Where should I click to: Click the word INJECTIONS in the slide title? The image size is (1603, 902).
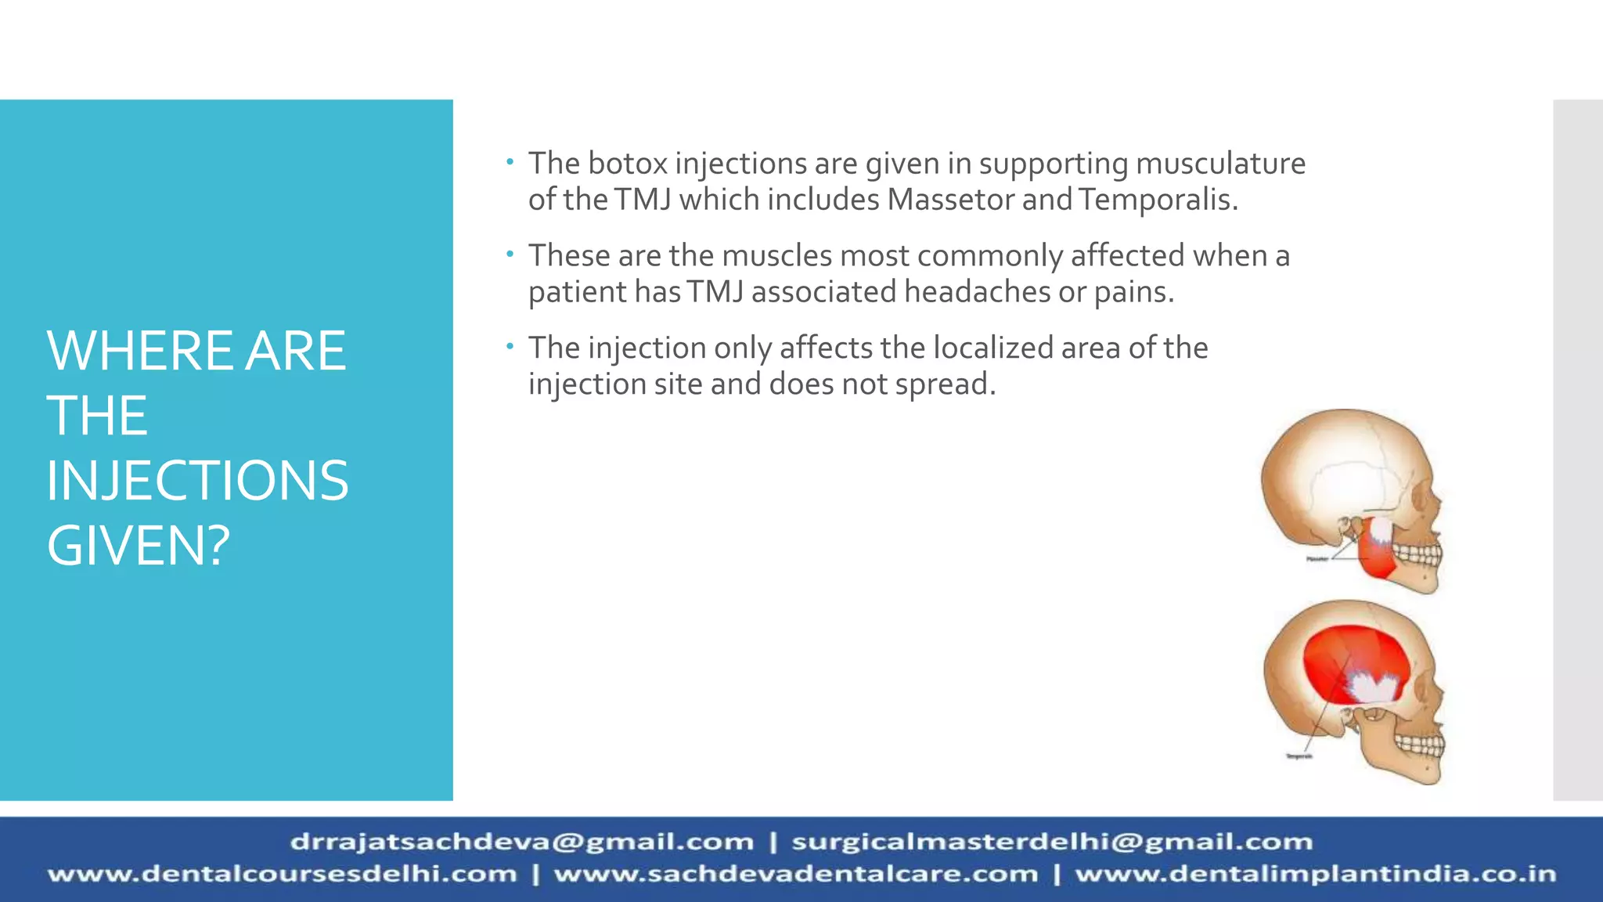197,481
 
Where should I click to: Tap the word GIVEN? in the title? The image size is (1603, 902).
139,546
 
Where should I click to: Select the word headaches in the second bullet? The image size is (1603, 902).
978,292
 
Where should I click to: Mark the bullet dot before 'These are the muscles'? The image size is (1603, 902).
510,254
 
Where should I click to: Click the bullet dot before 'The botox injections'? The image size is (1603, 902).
510,161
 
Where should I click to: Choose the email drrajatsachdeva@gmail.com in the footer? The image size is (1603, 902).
522,842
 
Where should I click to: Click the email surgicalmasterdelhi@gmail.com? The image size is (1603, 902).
1052,842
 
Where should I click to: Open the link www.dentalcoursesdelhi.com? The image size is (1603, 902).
283,874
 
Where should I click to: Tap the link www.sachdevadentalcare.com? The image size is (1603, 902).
795,874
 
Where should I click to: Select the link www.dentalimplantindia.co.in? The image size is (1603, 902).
1316,874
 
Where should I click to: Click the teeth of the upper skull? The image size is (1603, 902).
1417,556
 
